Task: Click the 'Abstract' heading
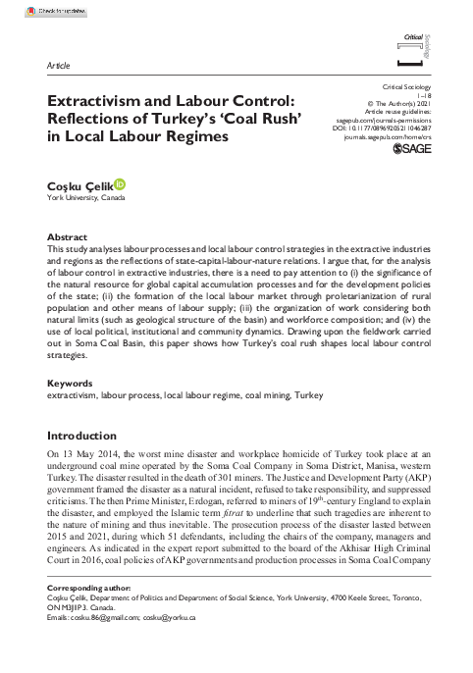pos(68,238)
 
